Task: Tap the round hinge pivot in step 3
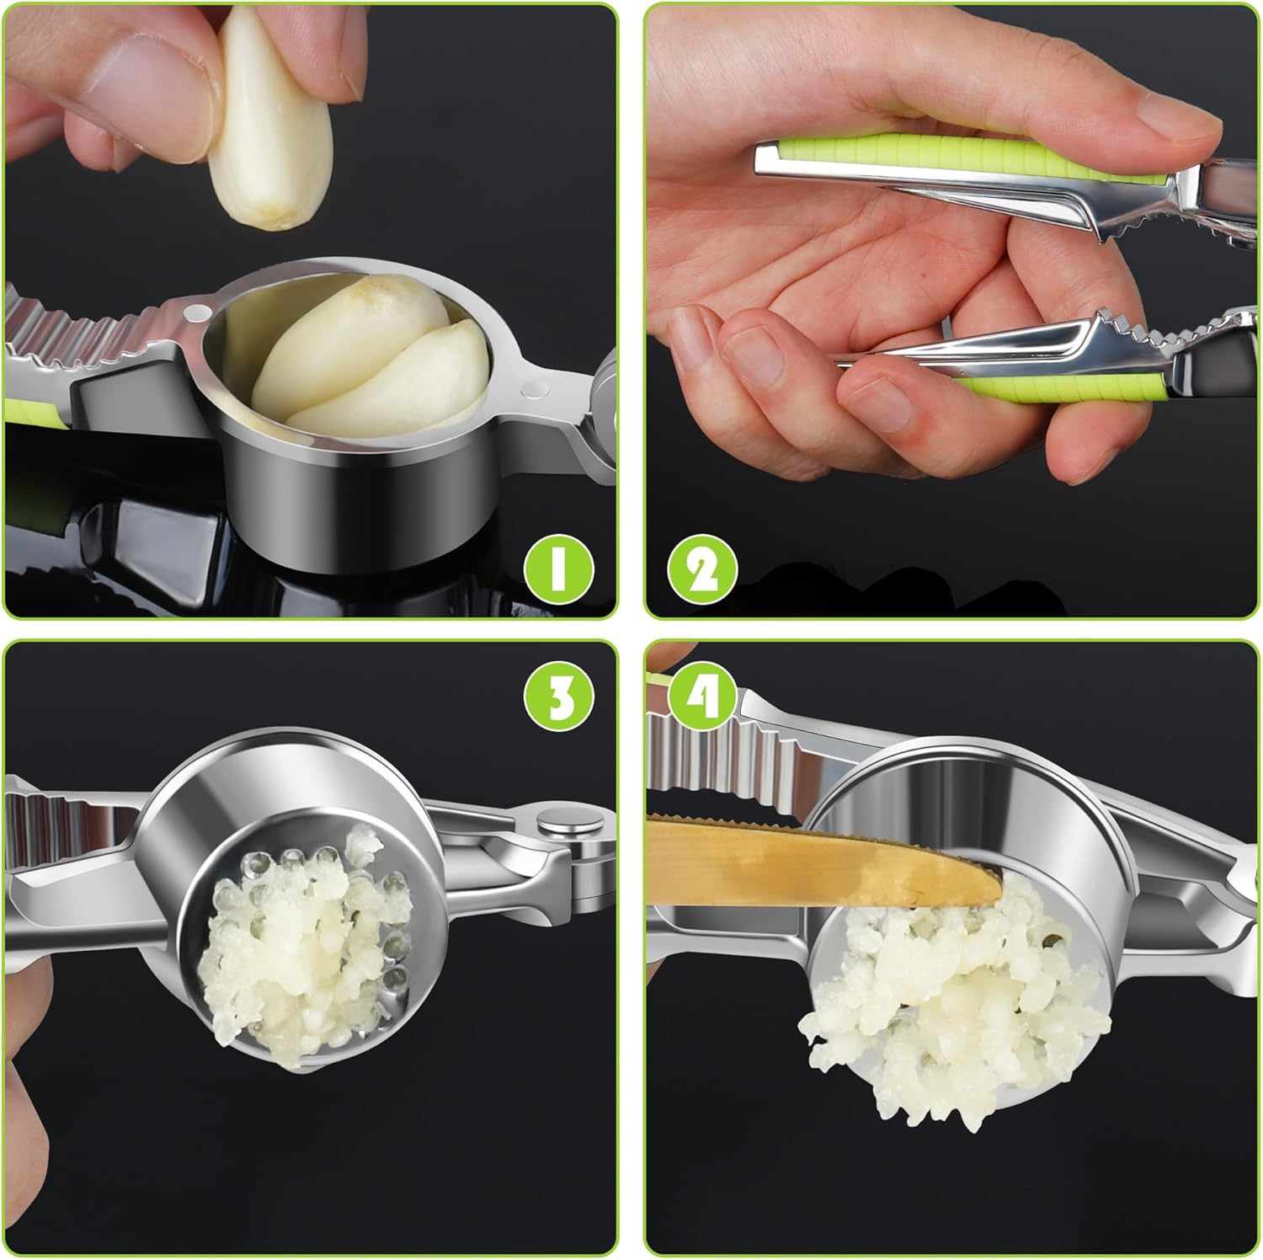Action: [568, 824]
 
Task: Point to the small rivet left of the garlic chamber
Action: [197, 312]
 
